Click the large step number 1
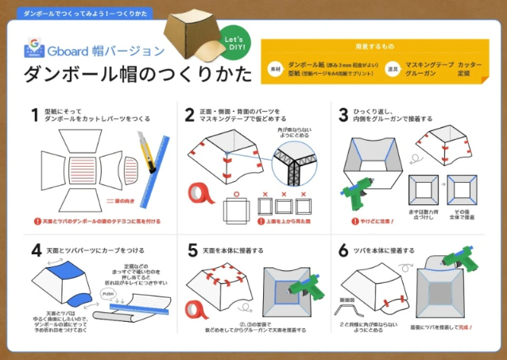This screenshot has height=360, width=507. point(35,114)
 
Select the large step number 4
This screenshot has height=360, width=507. point(35,250)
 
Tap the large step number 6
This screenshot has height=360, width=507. point(343,250)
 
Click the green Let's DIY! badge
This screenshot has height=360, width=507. point(234,43)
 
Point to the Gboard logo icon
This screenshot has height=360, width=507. point(33,47)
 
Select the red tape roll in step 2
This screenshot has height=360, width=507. point(199,193)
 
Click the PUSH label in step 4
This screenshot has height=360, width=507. point(109,293)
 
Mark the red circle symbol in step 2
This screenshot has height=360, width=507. point(236,193)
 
